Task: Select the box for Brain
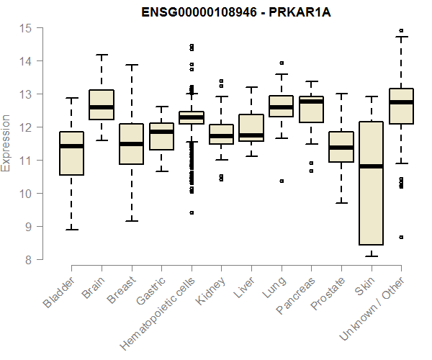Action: point(102,104)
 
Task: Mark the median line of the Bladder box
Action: point(71,146)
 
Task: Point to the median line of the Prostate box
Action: point(341,148)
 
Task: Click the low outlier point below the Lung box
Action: point(282,181)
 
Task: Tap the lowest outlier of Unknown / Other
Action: point(401,237)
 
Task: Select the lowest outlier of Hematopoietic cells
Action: point(192,212)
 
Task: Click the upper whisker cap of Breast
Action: point(131,65)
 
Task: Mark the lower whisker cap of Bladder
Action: point(71,230)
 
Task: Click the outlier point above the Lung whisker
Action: point(282,63)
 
